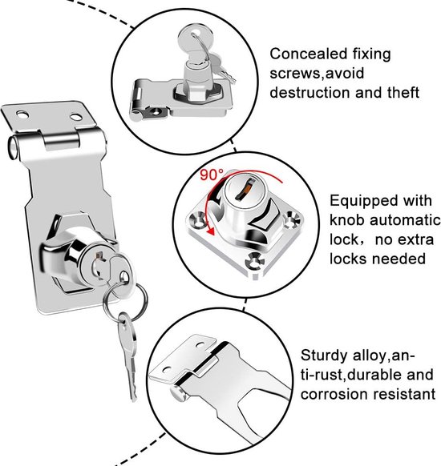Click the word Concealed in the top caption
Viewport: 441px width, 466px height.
click(x=308, y=54)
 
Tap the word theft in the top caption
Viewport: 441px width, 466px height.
click(x=403, y=92)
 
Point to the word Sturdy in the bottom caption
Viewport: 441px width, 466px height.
click(x=324, y=356)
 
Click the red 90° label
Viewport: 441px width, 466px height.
click(x=211, y=175)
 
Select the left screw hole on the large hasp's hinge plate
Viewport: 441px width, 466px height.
click(x=22, y=114)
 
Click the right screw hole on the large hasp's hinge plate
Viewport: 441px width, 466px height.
click(x=75, y=117)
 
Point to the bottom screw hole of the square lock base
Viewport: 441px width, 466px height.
click(x=254, y=262)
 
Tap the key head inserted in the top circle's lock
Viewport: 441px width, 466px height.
click(x=196, y=39)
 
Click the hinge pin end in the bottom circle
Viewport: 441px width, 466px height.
click(x=178, y=393)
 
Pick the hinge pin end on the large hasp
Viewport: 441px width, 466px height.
click(x=14, y=147)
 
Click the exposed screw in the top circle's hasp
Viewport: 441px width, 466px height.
click(x=156, y=111)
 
